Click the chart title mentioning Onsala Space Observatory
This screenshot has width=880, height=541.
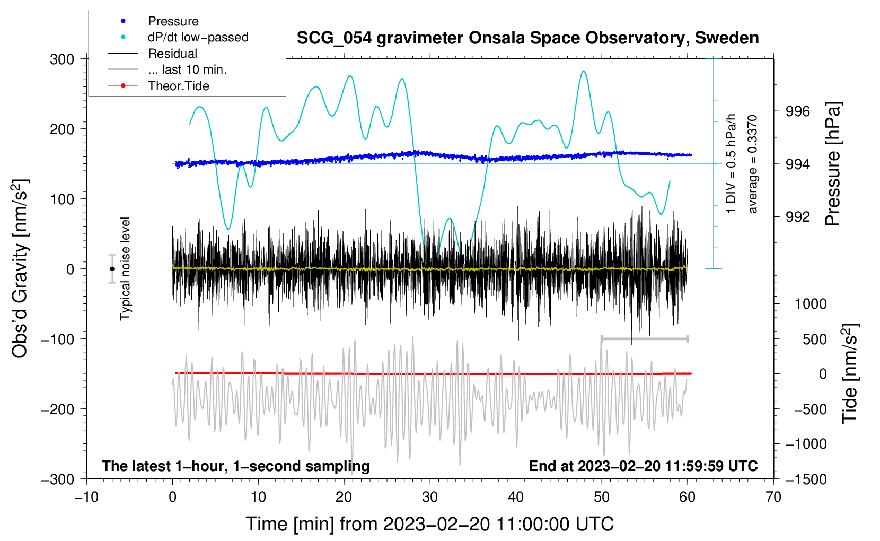point(527,38)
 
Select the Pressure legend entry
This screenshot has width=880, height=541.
point(173,21)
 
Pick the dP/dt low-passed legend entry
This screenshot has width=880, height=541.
point(198,37)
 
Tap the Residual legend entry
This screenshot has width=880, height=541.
point(172,54)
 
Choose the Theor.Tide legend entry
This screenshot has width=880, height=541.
point(178,86)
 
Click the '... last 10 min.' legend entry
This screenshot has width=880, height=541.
point(187,69)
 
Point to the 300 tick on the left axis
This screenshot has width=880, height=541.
point(62,59)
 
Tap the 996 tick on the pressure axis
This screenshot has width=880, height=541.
point(798,111)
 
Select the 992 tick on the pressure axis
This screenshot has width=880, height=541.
point(798,216)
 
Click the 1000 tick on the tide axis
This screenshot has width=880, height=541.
point(810,304)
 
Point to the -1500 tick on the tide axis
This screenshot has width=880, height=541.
point(806,479)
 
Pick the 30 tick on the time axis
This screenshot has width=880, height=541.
point(430,497)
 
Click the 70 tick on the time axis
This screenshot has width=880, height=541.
point(773,497)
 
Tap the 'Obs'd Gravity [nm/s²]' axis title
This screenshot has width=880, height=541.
point(20,269)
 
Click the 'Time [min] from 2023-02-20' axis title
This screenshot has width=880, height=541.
point(429,524)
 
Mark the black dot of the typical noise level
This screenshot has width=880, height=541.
point(112,269)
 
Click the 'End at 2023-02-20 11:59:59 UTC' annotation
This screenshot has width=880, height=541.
point(643,466)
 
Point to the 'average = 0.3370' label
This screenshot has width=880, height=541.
point(753,164)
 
